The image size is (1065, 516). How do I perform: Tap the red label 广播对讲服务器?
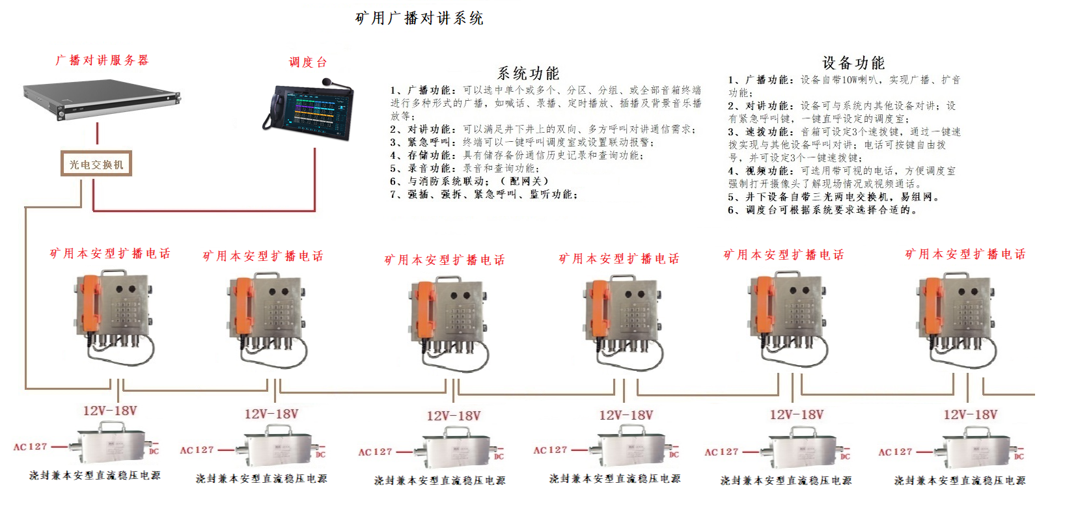tap(102, 61)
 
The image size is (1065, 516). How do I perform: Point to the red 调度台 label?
tap(307, 62)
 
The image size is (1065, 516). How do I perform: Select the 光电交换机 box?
tap(96, 164)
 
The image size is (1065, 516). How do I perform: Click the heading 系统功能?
tap(528, 74)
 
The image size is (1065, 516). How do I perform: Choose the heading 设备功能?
tap(853, 63)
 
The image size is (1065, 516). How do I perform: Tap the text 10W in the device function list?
tap(850, 80)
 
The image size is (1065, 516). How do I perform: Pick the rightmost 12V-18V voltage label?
tap(970, 414)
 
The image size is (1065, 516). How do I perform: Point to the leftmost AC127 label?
tap(30, 447)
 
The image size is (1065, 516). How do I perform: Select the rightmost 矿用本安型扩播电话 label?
tap(965, 254)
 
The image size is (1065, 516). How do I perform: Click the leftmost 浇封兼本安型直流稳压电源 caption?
tap(94, 476)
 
